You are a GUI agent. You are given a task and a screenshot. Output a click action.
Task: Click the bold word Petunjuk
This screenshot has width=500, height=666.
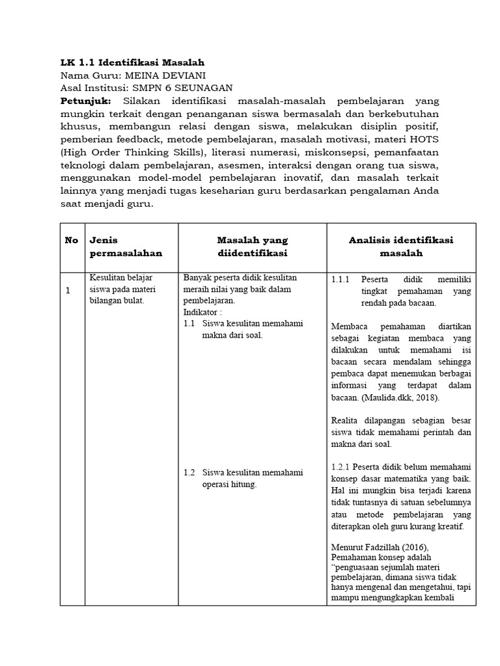85,101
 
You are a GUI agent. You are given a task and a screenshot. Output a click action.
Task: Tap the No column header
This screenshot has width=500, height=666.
72,240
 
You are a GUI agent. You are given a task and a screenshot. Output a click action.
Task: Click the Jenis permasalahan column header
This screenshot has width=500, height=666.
126,246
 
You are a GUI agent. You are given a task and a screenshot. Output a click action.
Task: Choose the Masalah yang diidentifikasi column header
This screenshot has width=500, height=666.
252,246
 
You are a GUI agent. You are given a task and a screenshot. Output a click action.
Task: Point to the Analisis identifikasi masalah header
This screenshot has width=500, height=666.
401,246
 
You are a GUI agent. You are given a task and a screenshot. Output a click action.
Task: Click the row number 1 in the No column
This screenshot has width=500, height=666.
68,290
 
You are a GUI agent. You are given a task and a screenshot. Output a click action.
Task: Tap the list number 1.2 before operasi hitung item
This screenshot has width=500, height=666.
189,473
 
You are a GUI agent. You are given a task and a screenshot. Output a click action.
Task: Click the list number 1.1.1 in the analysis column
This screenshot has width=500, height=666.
340,280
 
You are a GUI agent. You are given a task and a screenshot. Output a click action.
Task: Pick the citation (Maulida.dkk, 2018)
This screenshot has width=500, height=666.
402,397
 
